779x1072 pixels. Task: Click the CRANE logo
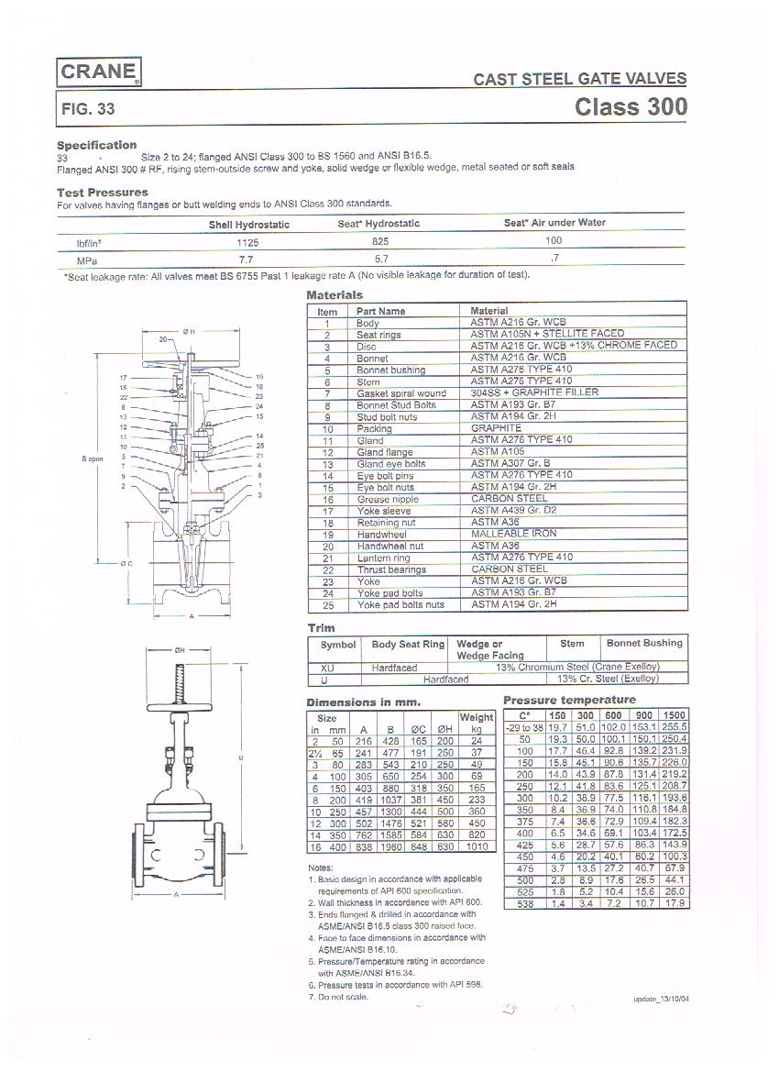point(99,72)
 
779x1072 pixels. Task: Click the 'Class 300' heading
point(631,106)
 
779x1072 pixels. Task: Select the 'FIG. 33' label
point(88,108)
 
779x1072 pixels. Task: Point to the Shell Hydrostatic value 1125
point(248,243)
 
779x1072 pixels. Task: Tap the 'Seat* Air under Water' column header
point(554,223)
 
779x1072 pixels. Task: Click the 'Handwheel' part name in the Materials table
point(381,535)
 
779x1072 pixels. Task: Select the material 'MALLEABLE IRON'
point(513,534)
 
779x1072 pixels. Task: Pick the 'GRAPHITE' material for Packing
point(496,428)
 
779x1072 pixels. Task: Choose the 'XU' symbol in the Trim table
point(325,668)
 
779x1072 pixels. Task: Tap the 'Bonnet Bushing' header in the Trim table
point(644,644)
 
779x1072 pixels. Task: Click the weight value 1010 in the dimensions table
point(477,847)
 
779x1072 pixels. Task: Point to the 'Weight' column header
point(477,718)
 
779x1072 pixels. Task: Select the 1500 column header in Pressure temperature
point(673,715)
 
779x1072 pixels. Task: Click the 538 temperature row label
point(524,904)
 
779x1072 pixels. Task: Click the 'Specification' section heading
point(96,145)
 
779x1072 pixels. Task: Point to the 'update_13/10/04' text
point(660,1000)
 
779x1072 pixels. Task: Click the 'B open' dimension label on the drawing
point(92,459)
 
